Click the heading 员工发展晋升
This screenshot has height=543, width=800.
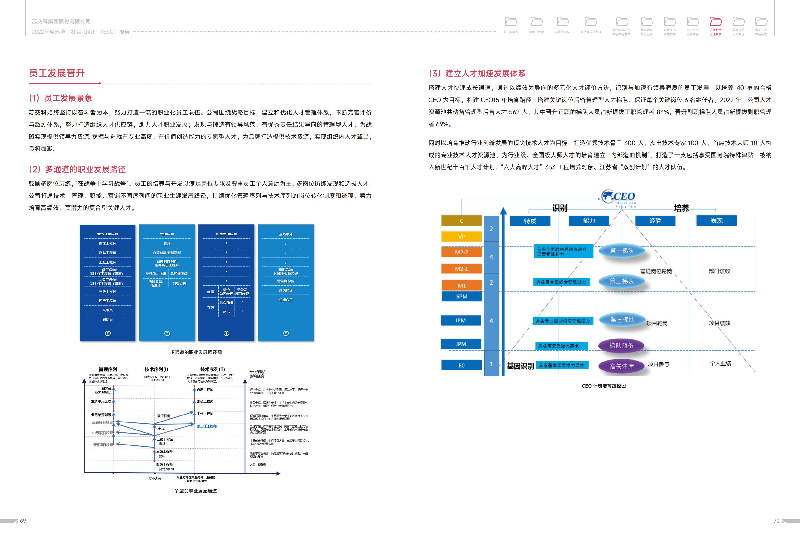tap(57, 73)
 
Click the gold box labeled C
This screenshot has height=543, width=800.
tap(461, 221)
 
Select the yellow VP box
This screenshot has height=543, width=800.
tap(461, 237)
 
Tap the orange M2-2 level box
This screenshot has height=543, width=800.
tap(461, 252)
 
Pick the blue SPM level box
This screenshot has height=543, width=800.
tap(461, 296)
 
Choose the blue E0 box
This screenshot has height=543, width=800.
tap(461, 365)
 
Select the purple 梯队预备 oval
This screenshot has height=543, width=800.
tap(621, 345)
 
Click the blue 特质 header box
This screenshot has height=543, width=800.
tap(530, 221)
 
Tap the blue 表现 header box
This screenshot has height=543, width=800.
tap(716, 220)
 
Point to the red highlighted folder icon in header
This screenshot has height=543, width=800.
tap(716, 22)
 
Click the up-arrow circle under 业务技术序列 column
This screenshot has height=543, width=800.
tap(108, 333)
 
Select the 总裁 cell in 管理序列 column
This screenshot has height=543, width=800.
tap(167, 243)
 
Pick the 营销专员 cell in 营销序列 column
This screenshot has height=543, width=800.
tap(286, 300)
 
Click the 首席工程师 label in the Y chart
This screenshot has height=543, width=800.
tap(205, 389)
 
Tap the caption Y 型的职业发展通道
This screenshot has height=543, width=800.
tap(196, 491)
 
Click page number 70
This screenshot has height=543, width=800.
tap(776, 521)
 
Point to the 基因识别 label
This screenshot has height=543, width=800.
tap(520, 366)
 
